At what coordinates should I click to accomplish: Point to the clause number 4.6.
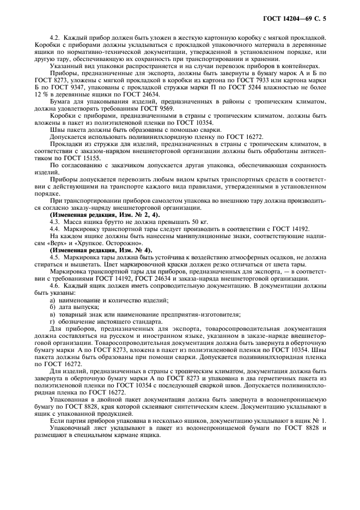pos(54,287)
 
